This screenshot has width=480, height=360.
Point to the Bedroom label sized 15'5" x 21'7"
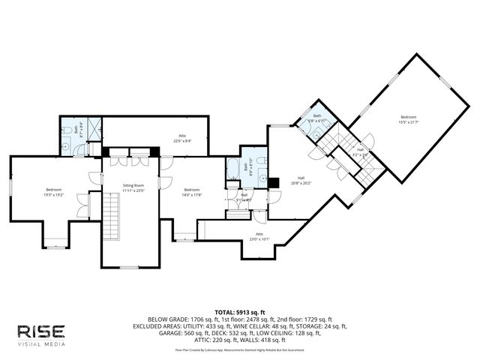[x=408, y=119]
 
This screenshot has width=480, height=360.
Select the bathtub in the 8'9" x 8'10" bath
[x=232, y=169]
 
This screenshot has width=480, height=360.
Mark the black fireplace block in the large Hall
[x=274, y=181]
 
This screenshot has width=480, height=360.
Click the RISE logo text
[x=42, y=331]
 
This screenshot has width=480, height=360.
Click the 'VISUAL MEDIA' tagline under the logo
[x=42, y=344]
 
